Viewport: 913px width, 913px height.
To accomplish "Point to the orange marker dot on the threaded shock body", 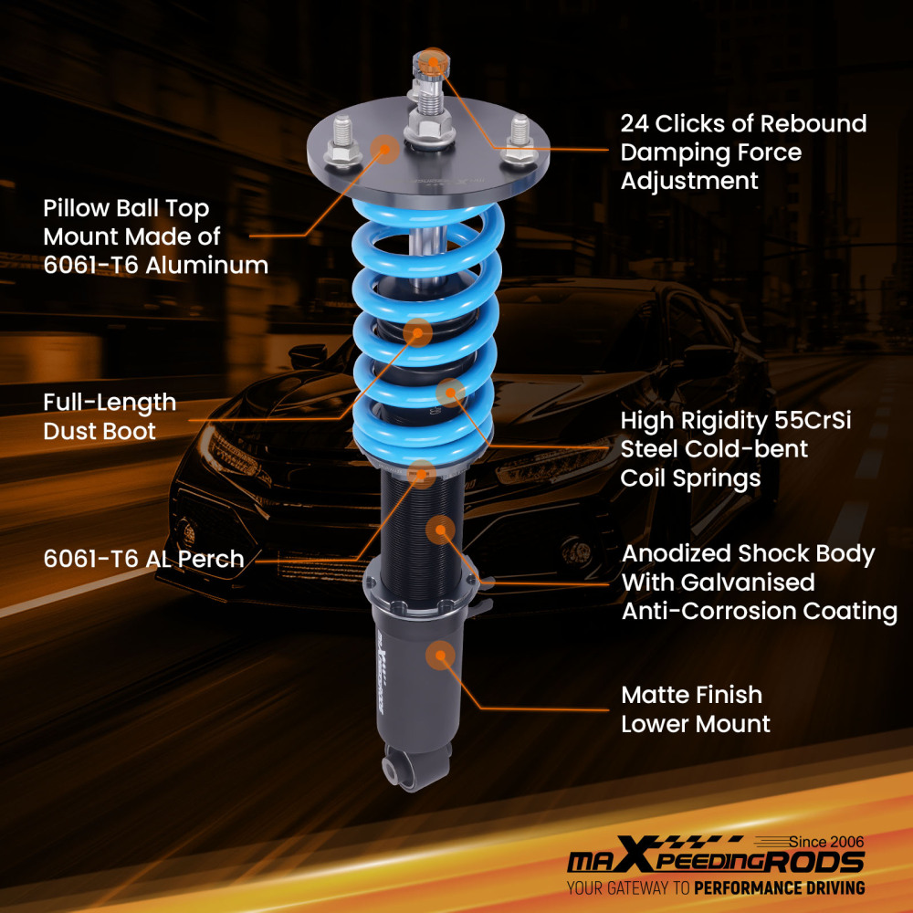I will [440, 530].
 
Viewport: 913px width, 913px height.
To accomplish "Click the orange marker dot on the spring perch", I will [421, 472].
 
